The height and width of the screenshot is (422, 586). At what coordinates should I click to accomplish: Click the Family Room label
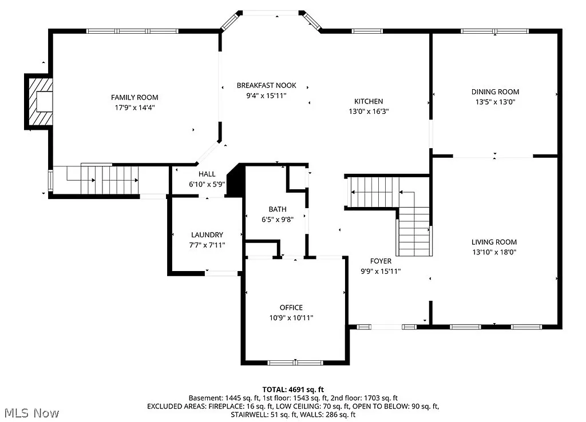tap(134, 97)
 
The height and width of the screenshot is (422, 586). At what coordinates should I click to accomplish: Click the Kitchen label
tap(369, 101)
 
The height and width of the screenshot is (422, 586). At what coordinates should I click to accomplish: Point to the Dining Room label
tap(495, 91)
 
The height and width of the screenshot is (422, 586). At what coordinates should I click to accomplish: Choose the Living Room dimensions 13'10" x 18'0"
tap(494, 252)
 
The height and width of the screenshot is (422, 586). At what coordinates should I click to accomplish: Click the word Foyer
tap(381, 261)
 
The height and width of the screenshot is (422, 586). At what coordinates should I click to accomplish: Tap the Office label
tap(291, 308)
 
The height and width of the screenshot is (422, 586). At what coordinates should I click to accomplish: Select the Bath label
tap(278, 209)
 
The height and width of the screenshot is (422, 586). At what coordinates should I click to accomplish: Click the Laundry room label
tap(207, 234)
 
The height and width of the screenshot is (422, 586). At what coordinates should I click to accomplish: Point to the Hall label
tap(207, 174)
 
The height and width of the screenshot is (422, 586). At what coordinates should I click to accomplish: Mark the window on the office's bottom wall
tap(295, 362)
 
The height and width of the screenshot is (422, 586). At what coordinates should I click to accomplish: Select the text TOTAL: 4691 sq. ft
tap(293, 389)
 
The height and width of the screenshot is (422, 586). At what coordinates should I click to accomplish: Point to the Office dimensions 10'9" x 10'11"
tap(291, 317)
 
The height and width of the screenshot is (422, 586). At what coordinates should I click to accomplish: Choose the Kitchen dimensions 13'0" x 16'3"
tap(369, 112)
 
